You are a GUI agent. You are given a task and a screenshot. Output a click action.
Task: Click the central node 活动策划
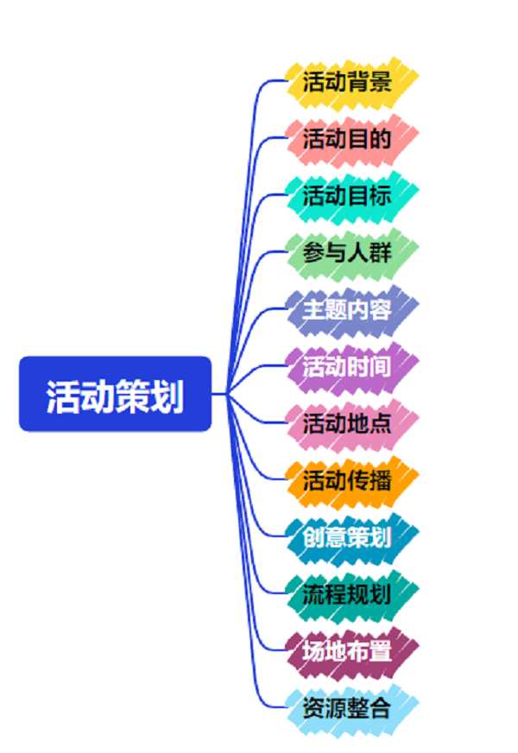[115, 394]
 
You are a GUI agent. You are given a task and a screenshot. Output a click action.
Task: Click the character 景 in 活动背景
[380, 81]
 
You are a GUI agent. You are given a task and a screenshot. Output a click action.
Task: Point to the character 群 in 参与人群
[380, 252]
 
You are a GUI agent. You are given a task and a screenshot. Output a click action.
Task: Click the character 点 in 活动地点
[380, 423]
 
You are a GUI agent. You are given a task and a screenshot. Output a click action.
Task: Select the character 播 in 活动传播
[380, 480]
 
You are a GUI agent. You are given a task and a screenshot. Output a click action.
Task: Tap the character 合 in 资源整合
[380, 708]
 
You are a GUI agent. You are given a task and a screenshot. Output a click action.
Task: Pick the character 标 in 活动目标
[380, 195]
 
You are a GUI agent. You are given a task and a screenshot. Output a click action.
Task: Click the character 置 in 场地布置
[380, 651]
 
